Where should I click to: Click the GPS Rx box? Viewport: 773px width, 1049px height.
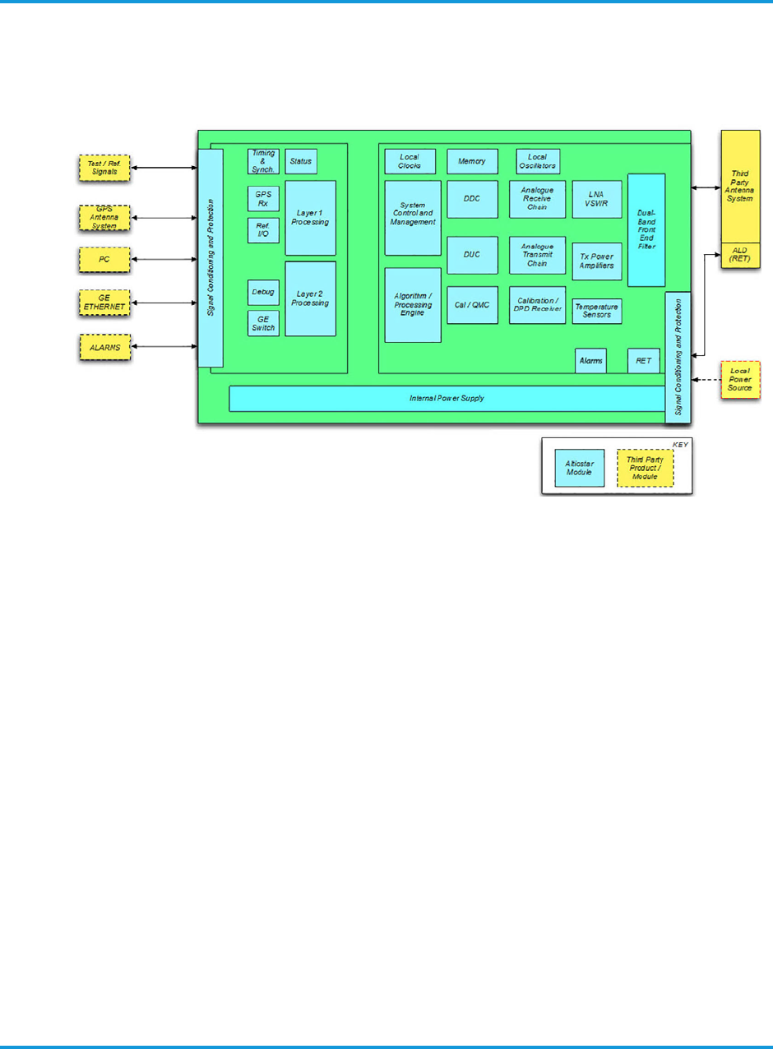click(263, 198)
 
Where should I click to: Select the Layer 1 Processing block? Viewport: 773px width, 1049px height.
click(310, 217)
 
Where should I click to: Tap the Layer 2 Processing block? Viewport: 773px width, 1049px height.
click(310, 298)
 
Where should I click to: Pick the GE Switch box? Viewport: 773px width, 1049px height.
click(263, 323)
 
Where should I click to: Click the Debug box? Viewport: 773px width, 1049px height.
click(263, 292)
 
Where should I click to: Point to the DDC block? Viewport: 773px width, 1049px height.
click(472, 199)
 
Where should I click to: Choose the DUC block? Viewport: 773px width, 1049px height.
click(472, 255)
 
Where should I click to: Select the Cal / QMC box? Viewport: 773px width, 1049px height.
click(472, 305)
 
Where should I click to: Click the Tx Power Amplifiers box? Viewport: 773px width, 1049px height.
click(597, 261)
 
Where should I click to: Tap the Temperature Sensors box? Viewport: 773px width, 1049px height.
click(597, 311)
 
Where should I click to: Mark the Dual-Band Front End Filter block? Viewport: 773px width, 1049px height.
click(646, 230)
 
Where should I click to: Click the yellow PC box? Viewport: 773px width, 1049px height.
click(104, 260)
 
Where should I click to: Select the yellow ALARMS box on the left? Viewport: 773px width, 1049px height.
click(104, 348)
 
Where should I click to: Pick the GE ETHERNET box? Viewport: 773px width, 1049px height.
click(104, 303)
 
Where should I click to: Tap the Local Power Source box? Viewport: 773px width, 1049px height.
click(741, 380)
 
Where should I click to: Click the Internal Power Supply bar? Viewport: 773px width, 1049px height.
click(447, 399)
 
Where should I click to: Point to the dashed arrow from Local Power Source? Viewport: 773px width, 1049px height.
click(706, 380)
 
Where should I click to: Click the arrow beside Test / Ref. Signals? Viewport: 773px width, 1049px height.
click(164, 168)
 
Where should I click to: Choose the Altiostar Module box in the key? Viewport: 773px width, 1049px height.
click(579, 469)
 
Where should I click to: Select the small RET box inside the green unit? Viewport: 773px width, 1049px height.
click(643, 361)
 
